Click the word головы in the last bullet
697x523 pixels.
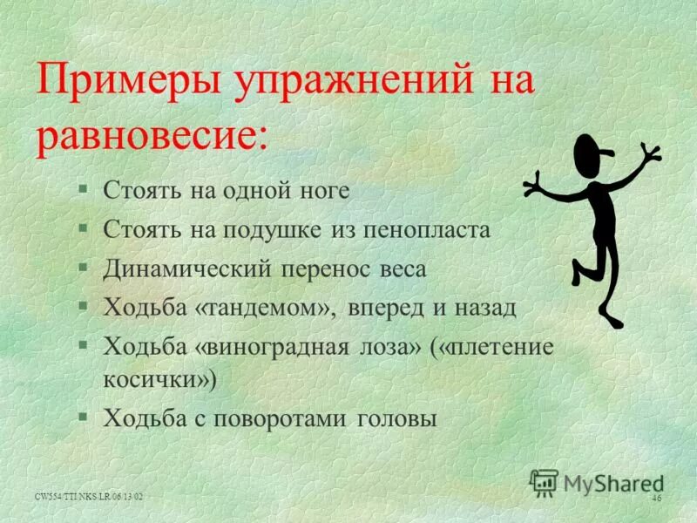coord(396,418)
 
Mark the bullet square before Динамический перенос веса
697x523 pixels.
coord(82,268)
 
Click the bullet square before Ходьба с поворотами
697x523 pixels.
coord(82,417)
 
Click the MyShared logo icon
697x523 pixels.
coord(544,482)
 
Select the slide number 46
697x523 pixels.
coord(656,497)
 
